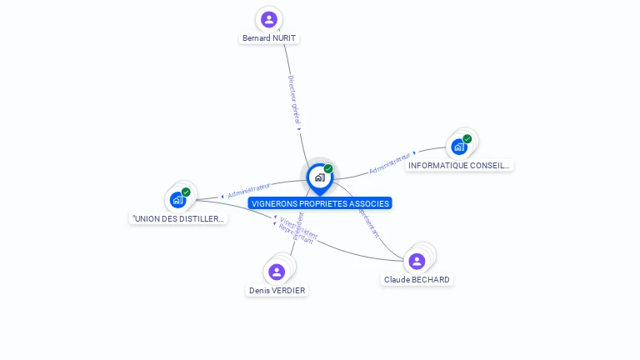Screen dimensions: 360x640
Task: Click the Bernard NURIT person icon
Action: [268, 19]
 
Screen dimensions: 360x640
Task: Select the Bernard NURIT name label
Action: [268, 38]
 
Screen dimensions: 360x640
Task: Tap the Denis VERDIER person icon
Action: [277, 272]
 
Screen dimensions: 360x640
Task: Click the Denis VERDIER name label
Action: [277, 291]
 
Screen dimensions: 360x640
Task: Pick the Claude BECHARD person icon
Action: [417, 261]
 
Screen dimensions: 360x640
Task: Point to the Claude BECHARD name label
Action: [417, 280]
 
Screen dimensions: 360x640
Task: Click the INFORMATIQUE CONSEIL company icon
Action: [458, 147]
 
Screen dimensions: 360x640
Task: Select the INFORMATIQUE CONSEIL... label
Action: [458, 166]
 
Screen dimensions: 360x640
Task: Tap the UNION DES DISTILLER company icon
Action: [177, 199]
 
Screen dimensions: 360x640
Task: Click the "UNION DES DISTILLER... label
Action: [178, 219]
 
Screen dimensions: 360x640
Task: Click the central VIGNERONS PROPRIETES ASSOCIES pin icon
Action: [319, 177]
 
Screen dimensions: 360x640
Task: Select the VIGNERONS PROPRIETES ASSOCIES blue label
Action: [319, 203]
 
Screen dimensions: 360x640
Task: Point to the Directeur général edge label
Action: [294, 102]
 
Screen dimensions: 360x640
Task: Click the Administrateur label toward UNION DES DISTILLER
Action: [248, 190]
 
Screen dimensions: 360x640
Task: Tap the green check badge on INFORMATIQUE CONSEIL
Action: [467, 139]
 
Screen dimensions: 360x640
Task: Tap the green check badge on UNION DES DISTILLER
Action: [186, 192]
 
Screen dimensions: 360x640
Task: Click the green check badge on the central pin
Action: [328, 168]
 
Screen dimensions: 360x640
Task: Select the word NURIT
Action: [283, 38]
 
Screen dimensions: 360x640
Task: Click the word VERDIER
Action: [288, 291]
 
